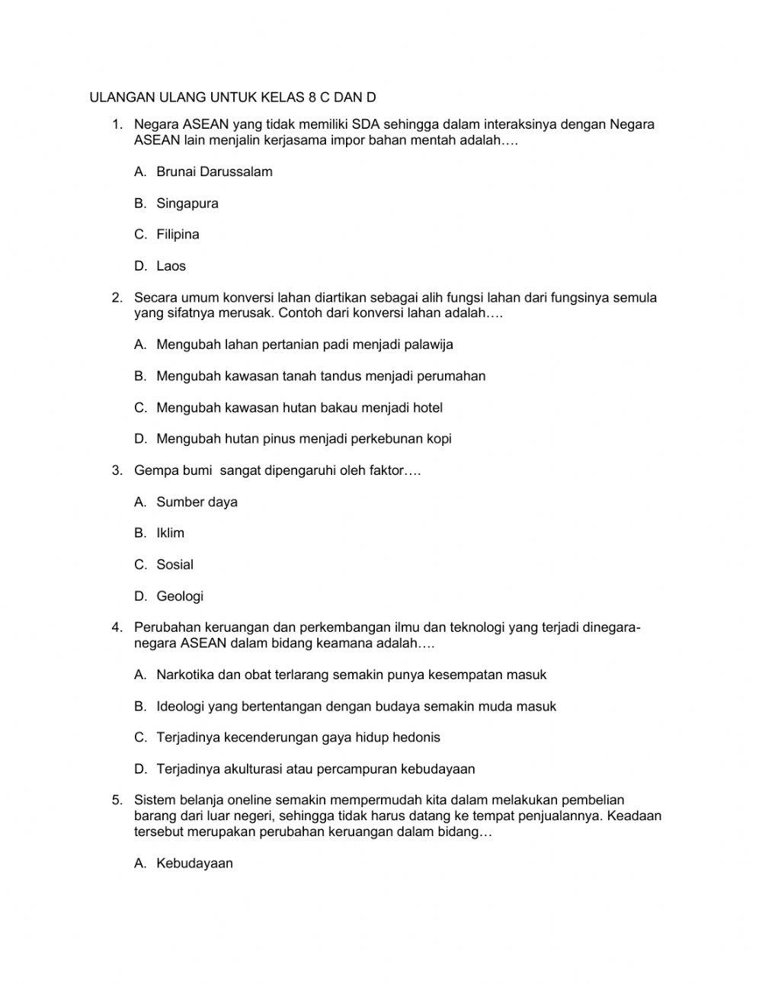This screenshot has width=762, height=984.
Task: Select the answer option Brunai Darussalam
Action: (214, 171)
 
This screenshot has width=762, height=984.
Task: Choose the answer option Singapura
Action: (187, 204)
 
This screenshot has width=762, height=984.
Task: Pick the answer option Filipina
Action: (178, 235)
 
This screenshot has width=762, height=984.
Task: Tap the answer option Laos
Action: (171, 266)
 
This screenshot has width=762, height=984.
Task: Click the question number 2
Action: (117, 297)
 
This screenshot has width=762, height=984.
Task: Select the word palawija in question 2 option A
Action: (427, 345)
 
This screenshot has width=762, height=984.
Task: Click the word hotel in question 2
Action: (427, 408)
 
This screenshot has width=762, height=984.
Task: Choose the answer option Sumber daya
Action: (197, 502)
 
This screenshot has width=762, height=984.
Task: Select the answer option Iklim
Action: (170, 534)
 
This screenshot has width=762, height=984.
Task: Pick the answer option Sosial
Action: (174, 565)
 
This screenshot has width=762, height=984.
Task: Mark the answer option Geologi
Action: (180, 596)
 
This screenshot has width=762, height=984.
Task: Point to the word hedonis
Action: (416, 738)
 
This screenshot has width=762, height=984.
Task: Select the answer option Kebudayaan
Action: (194, 864)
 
